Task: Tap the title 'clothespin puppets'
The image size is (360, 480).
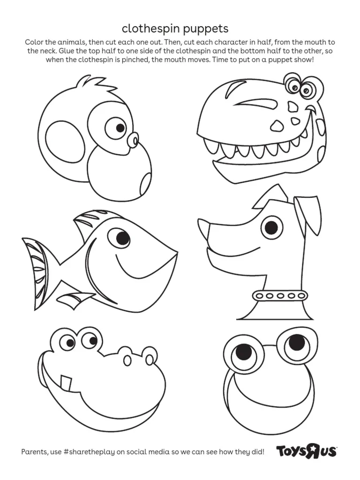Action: click(x=175, y=29)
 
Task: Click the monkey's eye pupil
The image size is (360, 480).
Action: click(x=120, y=127)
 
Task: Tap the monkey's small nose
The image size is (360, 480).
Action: click(x=134, y=139)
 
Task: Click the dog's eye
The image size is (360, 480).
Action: click(x=271, y=228)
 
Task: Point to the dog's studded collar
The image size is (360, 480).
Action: click(x=280, y=295)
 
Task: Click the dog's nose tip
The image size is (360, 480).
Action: click(x=203, y=229)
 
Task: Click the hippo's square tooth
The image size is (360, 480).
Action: click(x=66, y=382)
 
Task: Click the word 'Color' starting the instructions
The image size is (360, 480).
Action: click(x=34, y=43)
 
